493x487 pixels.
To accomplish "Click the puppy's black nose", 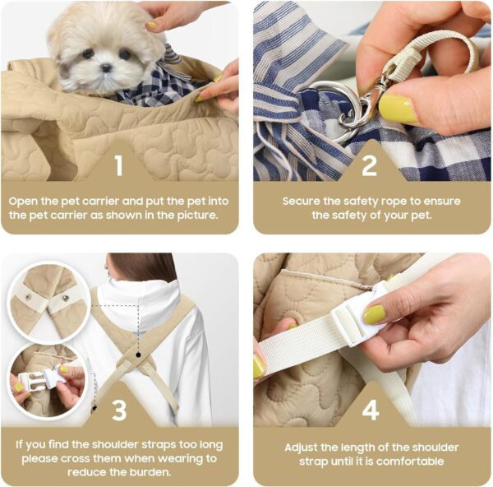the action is click(x=106, y=67).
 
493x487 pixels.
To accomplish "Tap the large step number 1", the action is click(x=118, y=165).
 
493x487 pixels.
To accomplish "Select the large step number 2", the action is click(x=369, y=165).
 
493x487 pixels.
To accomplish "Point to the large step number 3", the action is click(x=119, y=410).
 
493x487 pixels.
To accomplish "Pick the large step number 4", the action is click(x=371, y=410).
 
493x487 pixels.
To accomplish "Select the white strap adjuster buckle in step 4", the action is click(x=357, y=315).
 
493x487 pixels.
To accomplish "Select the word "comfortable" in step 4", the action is click(x=410, y=461).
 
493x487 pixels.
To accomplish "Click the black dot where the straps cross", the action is click(x=138, y=355).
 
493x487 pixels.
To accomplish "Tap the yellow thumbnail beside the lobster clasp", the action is click(x=399, y=109).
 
